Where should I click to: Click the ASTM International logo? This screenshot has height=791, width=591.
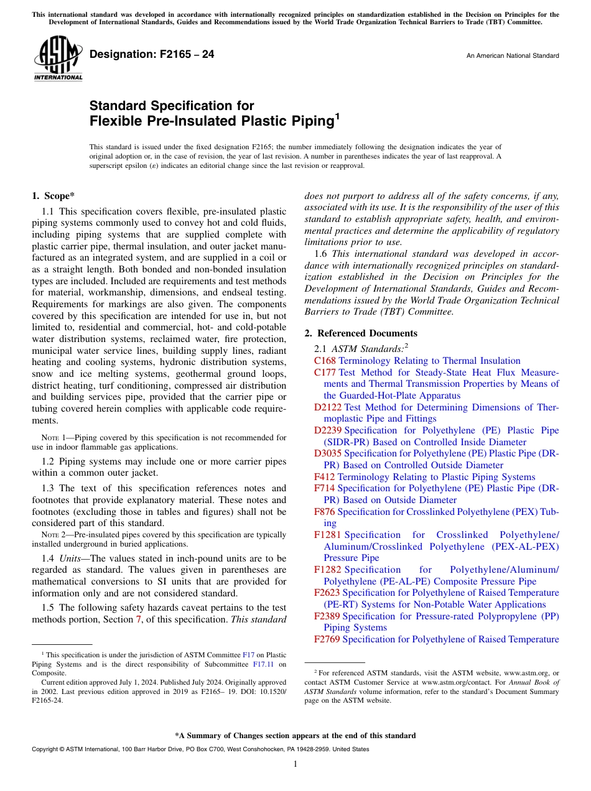click(x=58, y=59)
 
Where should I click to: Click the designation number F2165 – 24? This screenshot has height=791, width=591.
click(x=152, y=55)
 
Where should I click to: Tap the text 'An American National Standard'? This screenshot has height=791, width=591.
click(x=512, y=56)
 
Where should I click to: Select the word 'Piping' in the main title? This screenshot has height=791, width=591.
click(x=309, y=121)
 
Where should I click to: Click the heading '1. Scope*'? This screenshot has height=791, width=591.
click(x=54, y=196)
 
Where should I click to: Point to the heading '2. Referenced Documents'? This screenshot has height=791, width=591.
click(x=361, y=333)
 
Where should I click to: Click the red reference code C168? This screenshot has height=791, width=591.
click(x=325, y=361)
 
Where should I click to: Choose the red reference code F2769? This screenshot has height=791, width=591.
click(x=327, y=639)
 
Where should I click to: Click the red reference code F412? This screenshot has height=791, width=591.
click(x=325, y=477)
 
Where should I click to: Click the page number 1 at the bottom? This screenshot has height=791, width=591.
click(x=295, y=764)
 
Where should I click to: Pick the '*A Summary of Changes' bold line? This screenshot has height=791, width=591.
click(x=295, y=736)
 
